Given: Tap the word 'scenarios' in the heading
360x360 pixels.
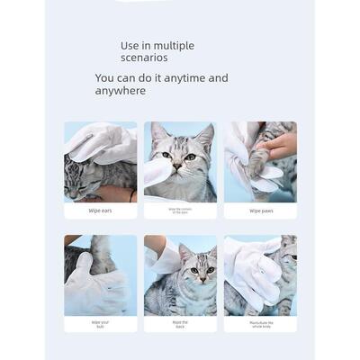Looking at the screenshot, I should [145, 59].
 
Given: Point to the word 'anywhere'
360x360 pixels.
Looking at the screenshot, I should [121, 91].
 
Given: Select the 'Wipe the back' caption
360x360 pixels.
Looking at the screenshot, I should [180, 324].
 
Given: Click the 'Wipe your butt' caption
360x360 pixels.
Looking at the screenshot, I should [101, 324].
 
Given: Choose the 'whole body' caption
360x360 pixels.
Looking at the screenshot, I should [260, 324].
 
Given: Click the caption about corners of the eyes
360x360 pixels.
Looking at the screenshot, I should [180, 211].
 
